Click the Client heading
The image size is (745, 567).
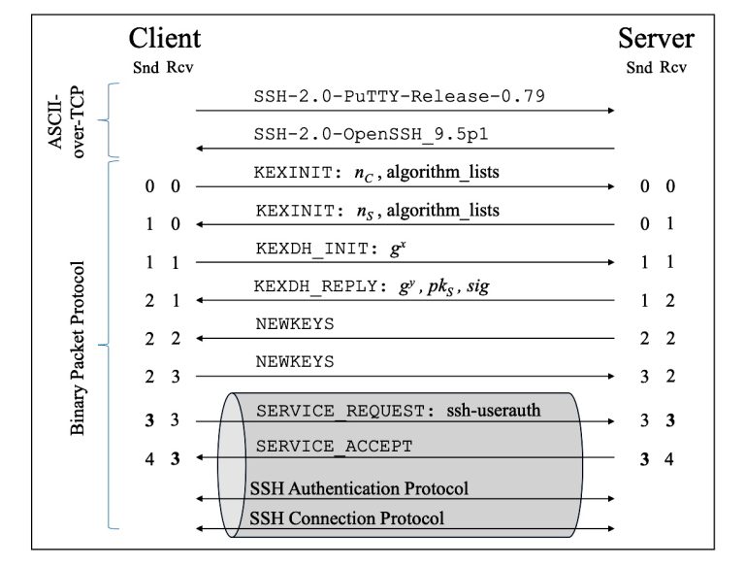(165, 38)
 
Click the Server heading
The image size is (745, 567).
(656, 38)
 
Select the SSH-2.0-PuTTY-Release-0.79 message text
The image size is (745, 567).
(398, 96)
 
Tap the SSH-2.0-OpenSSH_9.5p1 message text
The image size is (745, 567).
(398, 134)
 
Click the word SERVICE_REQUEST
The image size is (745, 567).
(340, 411)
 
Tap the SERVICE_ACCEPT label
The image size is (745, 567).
(334, 447)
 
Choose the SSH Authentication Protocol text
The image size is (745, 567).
(359, 487)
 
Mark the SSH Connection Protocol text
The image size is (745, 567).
(346, 517)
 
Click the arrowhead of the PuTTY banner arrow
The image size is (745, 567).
(611, 111)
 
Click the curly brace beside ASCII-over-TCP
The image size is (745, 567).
(112, 120)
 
